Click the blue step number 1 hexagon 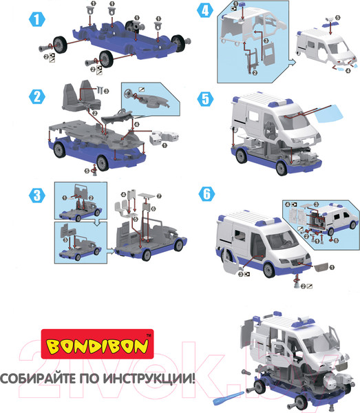coord(37,19)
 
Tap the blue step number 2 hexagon coord(37,96)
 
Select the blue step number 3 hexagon coord(37,195)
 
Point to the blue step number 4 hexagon coord(205,11)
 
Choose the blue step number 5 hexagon coord(206,99)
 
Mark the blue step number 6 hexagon coord(207,194)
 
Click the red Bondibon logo coord(97,344)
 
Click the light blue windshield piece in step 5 coord(330,114)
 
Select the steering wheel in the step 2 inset coord(129,93)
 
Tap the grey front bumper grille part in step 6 coord(321,267)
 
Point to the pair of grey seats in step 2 coord(81,96)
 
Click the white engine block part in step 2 coord(164,137)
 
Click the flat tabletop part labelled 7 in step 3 coord(147,195)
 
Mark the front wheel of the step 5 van coord(282,168)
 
